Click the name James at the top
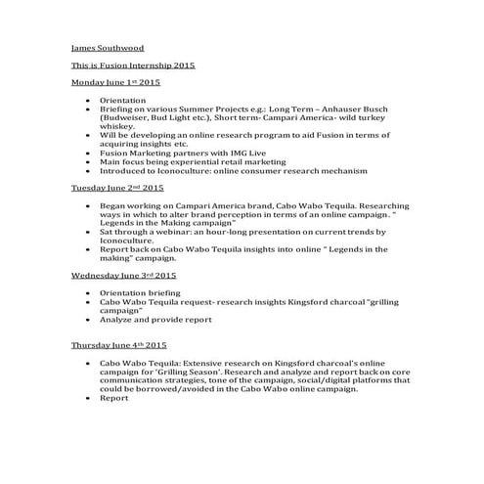pos(85,47)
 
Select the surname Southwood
pos(122,47)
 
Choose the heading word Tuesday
pos(89,186)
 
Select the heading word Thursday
pos(91,345)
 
